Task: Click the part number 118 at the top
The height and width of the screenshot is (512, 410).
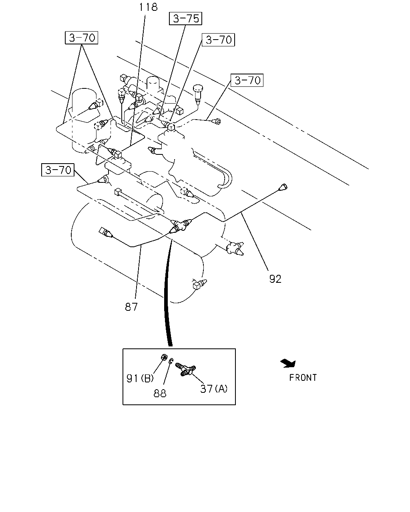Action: click(148, 7)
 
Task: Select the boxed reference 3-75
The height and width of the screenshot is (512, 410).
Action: click(186, 18)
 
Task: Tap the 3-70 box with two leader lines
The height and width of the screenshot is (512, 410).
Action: click(81, 38)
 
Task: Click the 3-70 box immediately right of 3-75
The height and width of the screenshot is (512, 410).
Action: click(218, 40)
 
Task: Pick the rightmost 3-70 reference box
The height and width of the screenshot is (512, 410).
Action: click(247, 80)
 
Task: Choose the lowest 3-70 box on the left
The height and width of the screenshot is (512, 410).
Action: click(58, 170)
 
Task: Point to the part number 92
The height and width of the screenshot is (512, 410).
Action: click(275, 279)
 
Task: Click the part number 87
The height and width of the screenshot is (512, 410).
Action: click(131, 307)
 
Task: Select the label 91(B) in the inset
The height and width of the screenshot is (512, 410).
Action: click(140, 378)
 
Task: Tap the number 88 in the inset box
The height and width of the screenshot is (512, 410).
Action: click(160, 393)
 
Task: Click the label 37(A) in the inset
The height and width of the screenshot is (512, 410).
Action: click(214, 388)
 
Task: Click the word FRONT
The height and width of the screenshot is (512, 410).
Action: click(303, 378)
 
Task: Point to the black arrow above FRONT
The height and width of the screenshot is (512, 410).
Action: click(288, 364)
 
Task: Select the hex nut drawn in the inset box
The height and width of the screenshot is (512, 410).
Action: click(164, 357)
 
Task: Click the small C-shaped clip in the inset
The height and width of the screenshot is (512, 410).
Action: click(171, 361)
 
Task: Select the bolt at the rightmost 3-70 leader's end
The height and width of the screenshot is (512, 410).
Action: click(217, 122)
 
